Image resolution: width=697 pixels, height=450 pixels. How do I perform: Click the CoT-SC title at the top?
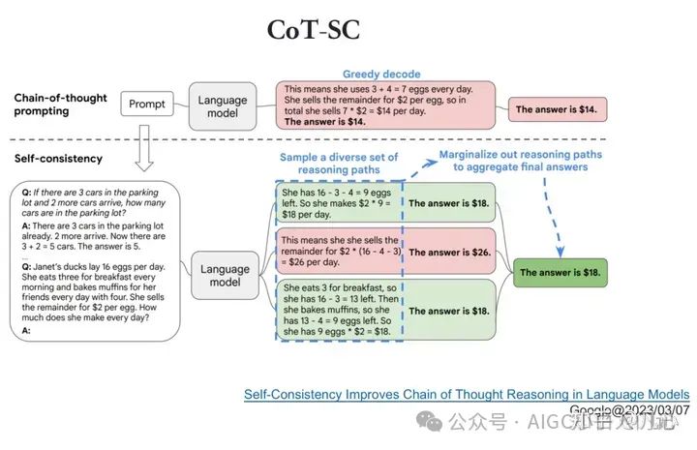coord(314,29)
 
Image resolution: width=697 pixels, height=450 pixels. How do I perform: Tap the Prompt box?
coord(147,103)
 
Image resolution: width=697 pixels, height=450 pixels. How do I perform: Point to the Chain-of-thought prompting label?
coord(60,105)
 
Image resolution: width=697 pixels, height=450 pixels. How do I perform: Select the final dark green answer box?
coord(561,273)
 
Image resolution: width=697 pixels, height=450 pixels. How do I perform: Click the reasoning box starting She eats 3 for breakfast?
coord(336,309)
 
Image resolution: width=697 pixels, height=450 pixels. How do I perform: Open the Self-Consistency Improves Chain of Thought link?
coord(467,394)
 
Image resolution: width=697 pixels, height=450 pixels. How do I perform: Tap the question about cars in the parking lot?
coord(91,203)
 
